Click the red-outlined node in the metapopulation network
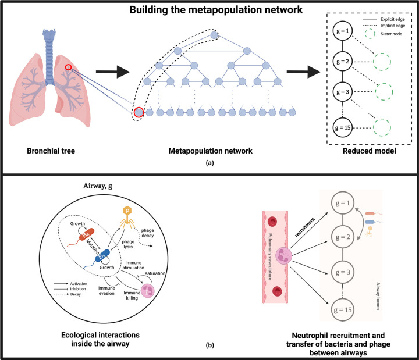click(x=139, y=112)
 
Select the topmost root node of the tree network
click(x=214, y=36)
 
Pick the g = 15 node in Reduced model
click(x=345, y=126)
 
